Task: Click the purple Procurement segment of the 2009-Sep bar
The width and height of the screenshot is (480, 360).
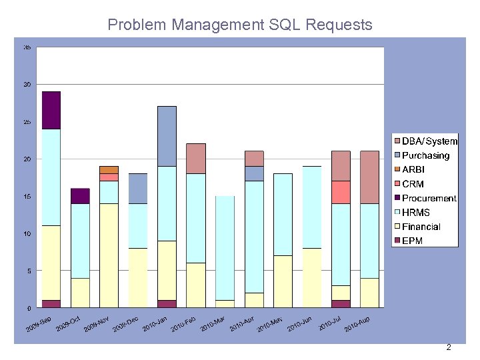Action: click(x=51, y=110)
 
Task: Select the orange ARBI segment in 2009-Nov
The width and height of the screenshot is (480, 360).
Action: click(x=109, y=169)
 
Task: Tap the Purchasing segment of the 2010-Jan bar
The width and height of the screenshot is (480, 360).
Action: click(x=167, y=136)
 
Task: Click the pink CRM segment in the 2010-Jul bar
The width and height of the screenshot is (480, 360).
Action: click(x=341, y=192)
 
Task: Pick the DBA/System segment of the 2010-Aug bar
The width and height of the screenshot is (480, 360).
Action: click(x=369, y=177)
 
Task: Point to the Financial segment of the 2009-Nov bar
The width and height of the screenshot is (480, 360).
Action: click(x=109, y=255)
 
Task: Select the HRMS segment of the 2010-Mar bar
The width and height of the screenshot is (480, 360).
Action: click(x=225, y=248)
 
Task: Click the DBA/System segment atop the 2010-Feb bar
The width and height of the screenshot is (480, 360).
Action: click(x=196, y=159)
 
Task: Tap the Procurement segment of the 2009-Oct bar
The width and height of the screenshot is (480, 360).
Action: click(x=80, y=196)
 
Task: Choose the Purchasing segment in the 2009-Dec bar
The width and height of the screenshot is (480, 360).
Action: click(x=138, y=189)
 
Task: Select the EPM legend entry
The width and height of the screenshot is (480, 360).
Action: click(x=412, y=241)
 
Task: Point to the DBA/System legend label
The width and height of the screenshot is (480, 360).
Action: click(x=429, y=141)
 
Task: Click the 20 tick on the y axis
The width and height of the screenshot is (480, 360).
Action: click(x=27, y=159)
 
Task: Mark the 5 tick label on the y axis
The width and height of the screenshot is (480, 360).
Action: click(x=29, y=271)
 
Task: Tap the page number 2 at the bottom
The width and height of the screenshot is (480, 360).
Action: click(x=449, y=347)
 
